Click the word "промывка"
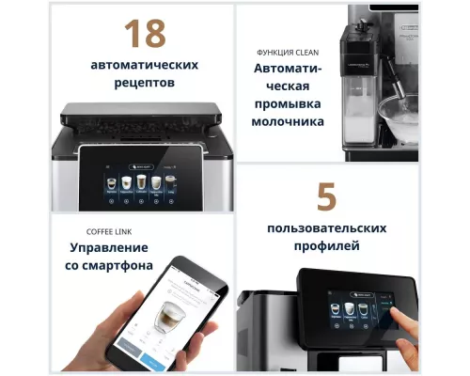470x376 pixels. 288,103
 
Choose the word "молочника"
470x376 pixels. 288,121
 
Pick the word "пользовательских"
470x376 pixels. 326,229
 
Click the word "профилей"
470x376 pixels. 326,247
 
